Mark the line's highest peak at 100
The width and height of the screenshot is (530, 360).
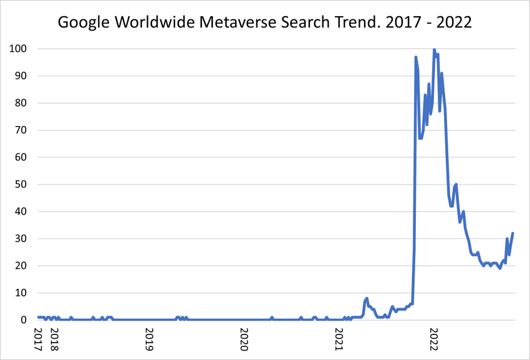434,49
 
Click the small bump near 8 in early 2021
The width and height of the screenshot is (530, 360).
367,299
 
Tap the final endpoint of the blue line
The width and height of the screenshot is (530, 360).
513,233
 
